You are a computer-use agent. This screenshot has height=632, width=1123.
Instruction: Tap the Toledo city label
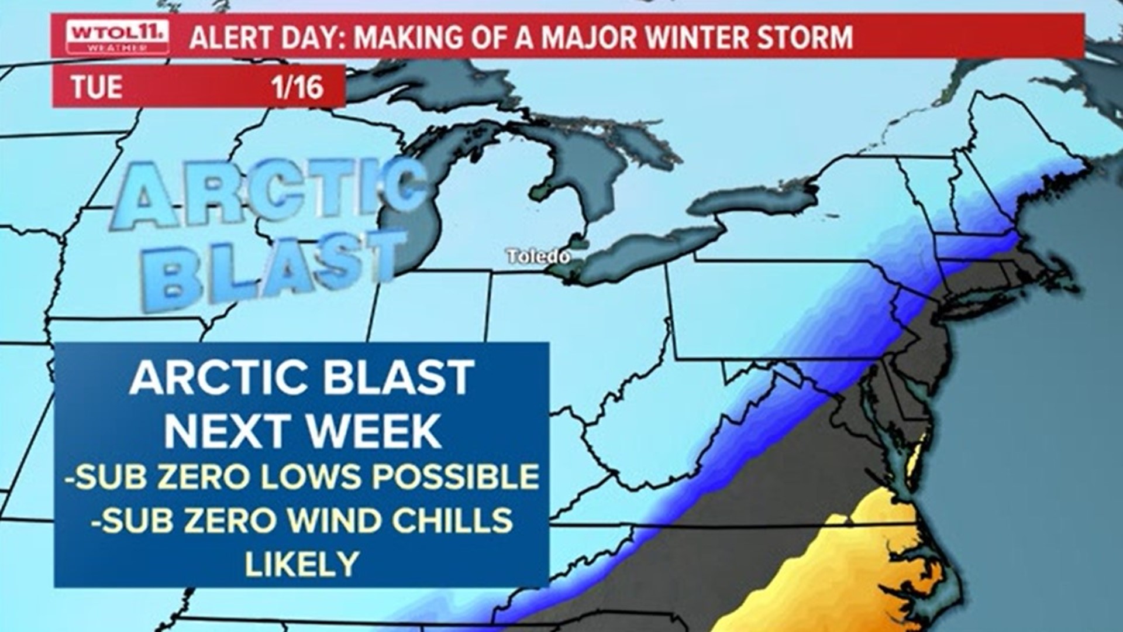pyautogui.click(x=538, y=256)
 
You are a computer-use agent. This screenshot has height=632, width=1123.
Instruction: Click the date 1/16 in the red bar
pyautogui.click(x=297, y=87)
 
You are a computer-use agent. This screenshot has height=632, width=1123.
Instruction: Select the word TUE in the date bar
pyautogui.click(x=97, y=87)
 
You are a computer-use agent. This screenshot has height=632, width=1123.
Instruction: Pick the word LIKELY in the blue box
pyautogui.click(x=302, y=563)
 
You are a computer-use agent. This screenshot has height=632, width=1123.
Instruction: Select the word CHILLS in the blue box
pyautogui.click(x=452, y=520)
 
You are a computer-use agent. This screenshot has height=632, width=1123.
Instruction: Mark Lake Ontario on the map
pyautogui.click(x=755, y=199)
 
